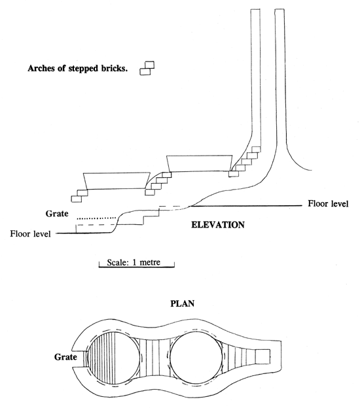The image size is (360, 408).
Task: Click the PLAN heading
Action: [x=179, y=304]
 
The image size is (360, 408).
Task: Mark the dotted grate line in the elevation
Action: [x=96, y=218]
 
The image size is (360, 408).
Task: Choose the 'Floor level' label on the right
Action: [x=328, y=204]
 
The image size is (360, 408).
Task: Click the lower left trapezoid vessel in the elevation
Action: [x=114, y=180]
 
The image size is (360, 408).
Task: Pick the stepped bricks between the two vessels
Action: [x=155, y=184]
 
